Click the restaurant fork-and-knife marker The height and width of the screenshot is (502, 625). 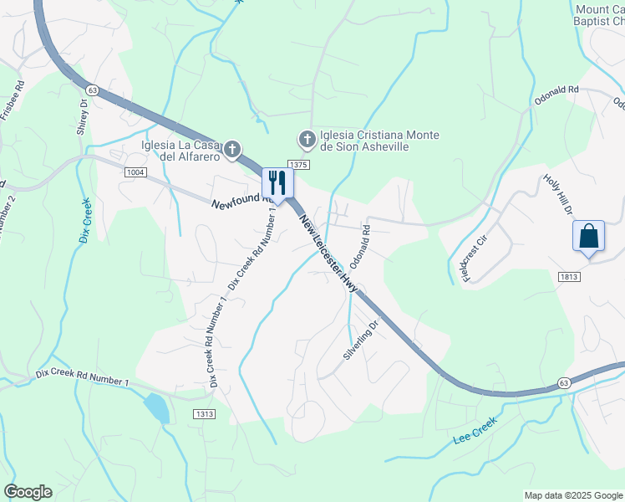tap(277, 183)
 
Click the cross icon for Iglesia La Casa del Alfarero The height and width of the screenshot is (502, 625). tap(232, 151)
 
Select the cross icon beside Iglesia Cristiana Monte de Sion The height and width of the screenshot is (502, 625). tap(307, 138)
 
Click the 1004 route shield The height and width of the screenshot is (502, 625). tap(135, 172)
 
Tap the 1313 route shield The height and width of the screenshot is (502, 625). tap(204, 413)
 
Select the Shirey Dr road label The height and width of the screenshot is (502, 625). tap(83, 116)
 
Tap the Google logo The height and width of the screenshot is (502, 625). tap(28, 492)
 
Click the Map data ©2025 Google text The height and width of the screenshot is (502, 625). tap(572, 495)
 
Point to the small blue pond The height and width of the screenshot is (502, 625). tap(155, 407)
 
